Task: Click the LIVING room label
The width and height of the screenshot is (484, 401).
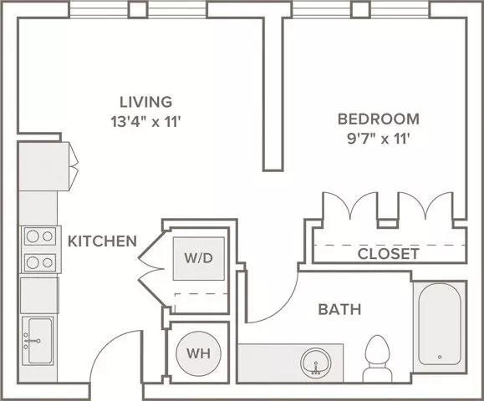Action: (145, 102)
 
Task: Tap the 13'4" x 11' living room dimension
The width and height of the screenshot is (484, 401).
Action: (145, 122)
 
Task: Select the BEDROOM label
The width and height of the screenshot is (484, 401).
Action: (379, 119)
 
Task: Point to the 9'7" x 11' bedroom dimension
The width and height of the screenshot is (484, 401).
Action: (379, 140)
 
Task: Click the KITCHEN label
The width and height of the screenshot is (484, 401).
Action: (102, 241)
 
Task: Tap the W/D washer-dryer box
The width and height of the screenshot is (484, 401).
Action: (198, 258)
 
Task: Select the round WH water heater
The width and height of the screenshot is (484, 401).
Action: (198, 353)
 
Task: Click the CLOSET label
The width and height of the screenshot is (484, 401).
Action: (389, 254)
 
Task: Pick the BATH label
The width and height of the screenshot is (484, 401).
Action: (339, 309)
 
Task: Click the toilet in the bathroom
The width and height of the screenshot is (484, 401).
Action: (377, 358)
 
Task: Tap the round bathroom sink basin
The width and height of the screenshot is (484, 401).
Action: (316, 363)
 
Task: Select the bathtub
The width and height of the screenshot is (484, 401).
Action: (440, 324)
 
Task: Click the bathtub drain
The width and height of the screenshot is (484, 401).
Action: (440, 357)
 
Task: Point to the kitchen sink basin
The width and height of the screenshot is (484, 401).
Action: (40, 341)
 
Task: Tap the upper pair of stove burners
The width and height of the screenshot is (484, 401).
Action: (40, 236)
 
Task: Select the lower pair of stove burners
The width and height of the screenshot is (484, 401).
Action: (40, 263)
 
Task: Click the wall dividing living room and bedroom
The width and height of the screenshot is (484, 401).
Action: (273, 94)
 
